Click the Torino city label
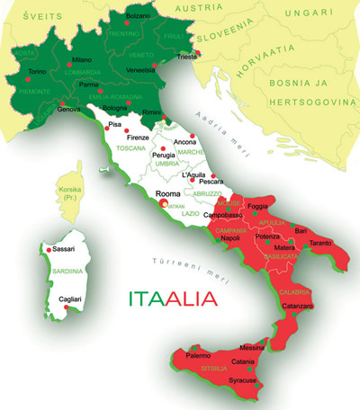[37, 71]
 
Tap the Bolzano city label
[138, 16]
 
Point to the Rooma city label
[168, 193]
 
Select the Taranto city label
[320, 244]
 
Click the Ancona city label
[185, 142]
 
